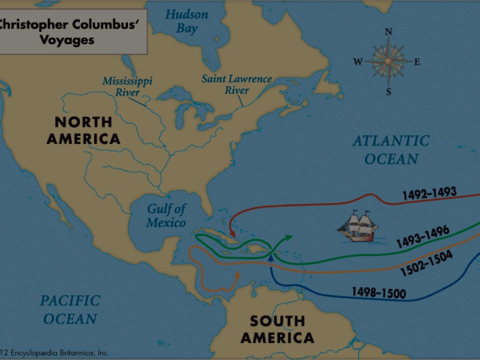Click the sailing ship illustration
[x=358, y=227]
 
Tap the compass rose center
[x=388, y=61]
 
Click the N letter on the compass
[x=388, y=32]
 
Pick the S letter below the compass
[x=388, y=92]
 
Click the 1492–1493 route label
[x=429, y=194]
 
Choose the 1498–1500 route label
[x=379, y=293]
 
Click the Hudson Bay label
[x=187, y=21]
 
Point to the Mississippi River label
[x=127, y=86]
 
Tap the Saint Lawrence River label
[x=237, y=84]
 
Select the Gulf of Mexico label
[x=166, y=216]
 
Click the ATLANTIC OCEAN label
[x=391, y=150]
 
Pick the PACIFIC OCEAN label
[x=70, y=309]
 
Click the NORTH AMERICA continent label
[x=83, y=130]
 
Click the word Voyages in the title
[x=67, y=40]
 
